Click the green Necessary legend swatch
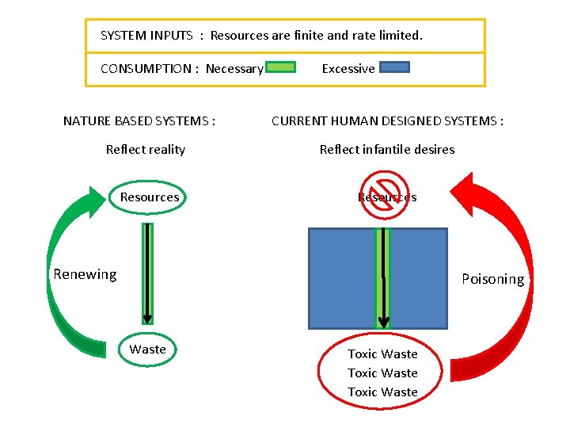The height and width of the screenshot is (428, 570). click(280, 67)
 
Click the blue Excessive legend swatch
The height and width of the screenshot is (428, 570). click(394, 67)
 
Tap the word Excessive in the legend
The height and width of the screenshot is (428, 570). click(348, 69)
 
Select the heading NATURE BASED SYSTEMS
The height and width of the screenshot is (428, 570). click(139, 121)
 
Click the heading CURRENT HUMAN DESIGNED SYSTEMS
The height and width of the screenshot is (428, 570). click(387, 121)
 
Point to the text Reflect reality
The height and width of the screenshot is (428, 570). click(146, 149)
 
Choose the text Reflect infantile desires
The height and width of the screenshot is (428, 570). click(387, 149)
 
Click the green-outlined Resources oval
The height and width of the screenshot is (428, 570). click(149, 197)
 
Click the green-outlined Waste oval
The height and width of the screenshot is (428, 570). click(148, 350)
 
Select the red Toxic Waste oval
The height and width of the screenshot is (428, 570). click(382, 373)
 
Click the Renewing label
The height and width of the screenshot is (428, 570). click(85, 275)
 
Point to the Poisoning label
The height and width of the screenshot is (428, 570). click(492, 279)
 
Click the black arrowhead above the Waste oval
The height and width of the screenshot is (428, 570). click(147, 318)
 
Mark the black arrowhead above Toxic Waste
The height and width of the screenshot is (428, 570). click(383, 322)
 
